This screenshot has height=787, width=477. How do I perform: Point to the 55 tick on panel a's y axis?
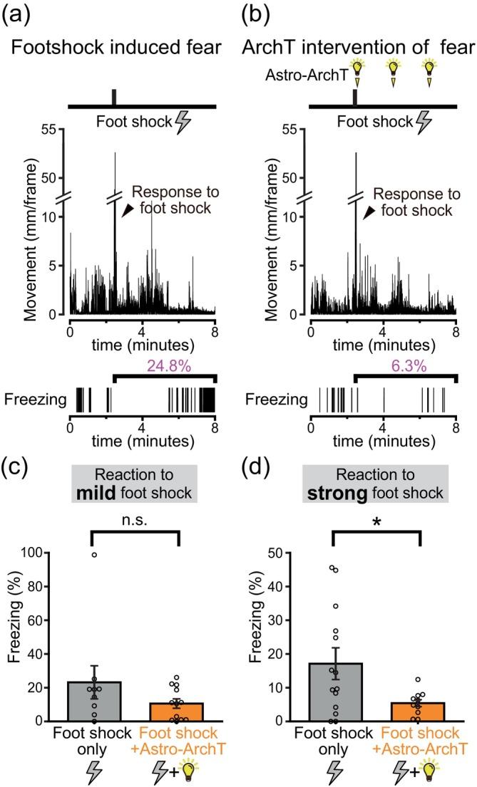tap(50, 130)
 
